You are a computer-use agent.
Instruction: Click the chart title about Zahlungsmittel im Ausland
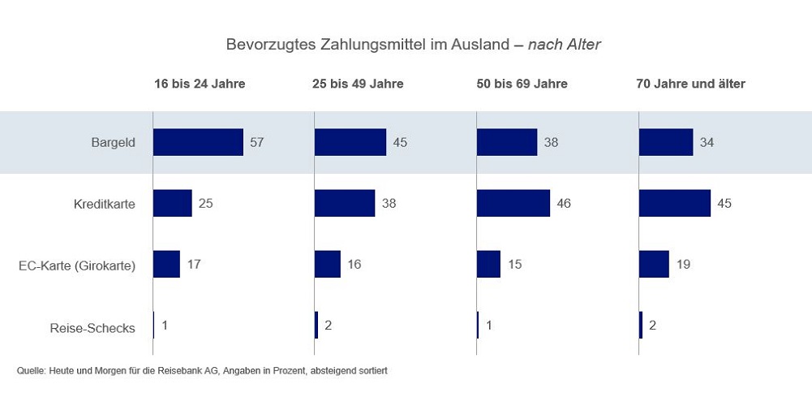413,45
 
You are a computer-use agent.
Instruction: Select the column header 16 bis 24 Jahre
200,84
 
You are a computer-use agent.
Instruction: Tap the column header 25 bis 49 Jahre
358,84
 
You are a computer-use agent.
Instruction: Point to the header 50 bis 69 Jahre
522,84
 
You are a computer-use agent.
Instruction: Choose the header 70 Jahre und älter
691,84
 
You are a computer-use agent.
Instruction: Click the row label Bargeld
113,143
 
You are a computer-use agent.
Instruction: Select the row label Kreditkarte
104,204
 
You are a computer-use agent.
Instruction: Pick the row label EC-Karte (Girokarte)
76,265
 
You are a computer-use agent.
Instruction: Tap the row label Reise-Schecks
92,329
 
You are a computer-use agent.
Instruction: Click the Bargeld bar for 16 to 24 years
198,142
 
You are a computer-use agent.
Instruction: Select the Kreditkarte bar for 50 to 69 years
513,203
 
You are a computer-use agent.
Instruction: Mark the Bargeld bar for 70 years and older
666,142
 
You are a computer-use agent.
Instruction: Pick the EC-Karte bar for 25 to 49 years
328,264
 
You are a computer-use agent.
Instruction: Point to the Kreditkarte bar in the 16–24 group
173,203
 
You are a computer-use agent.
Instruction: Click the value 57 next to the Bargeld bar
257,143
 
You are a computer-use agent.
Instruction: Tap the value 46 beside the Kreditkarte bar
564,204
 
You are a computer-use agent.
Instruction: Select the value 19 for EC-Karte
683,265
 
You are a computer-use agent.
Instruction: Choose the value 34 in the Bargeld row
707,143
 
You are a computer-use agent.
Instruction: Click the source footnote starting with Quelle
202,370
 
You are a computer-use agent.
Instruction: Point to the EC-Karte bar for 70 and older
654,264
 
